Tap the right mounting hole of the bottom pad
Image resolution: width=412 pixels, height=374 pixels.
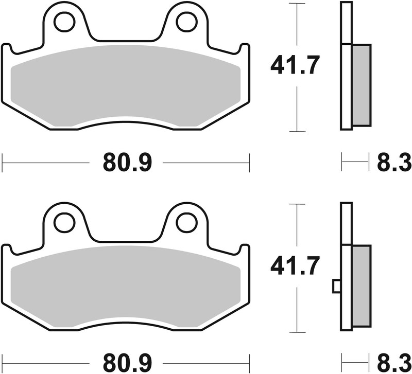[x=185, y=222]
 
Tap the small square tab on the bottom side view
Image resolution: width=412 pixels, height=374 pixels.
[x=336, y=285]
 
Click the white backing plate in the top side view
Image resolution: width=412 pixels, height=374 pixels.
[x=346, y=67]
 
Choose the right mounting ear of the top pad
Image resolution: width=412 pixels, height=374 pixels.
[x=185, y=28]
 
